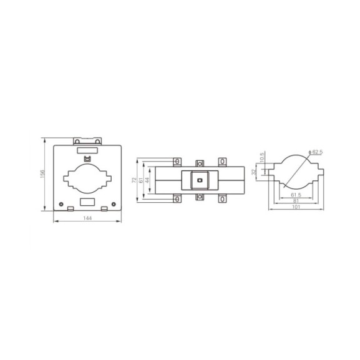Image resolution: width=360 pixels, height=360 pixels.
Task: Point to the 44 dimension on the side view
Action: (148, 180)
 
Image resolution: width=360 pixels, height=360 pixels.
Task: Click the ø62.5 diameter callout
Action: (317, 152)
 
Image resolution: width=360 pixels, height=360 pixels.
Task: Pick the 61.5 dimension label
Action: (296, 195)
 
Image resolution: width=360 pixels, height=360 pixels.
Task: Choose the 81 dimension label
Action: (296, 202)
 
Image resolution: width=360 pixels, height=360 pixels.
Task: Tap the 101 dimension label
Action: (296, 209)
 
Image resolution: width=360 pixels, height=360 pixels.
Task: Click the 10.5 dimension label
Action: (263, 157)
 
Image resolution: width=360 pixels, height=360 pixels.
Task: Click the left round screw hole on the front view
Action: (62, 203)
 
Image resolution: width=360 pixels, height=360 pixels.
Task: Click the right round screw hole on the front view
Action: (114, 203)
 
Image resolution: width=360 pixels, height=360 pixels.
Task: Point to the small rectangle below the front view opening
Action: (88, 202)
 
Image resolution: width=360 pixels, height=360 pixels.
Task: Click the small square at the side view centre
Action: (199, 181)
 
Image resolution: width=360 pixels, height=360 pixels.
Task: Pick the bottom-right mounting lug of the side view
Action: (221, 199)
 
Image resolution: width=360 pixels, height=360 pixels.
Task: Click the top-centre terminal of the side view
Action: (199, 163)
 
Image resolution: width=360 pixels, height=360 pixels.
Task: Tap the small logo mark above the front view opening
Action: (88, 158)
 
